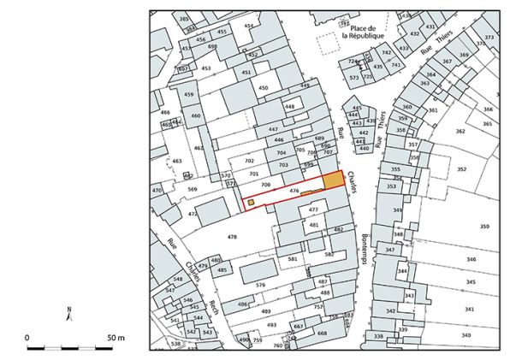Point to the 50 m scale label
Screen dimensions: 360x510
point(117,339)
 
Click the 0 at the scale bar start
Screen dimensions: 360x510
point(28,339)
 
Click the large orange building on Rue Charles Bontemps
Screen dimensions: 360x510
point(332,182)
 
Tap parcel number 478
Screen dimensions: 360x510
point(231,235)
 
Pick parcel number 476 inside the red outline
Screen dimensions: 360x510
point(294,191)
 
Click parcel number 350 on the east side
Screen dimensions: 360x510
point(484,227)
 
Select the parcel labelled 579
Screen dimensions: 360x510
point(261,285)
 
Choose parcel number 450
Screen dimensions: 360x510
point(264,88)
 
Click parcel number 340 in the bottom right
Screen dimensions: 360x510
point(466,335)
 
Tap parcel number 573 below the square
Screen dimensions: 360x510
point(354,78)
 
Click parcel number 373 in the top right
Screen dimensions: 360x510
point(489,38)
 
